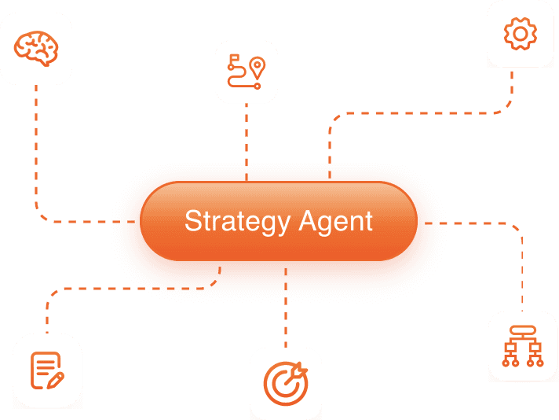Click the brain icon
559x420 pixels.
point(35,48)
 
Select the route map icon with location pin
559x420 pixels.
point(246,72)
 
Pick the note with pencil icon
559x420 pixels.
point(47,370)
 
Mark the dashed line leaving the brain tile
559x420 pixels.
point(36,142)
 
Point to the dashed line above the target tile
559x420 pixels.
point(286,315)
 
